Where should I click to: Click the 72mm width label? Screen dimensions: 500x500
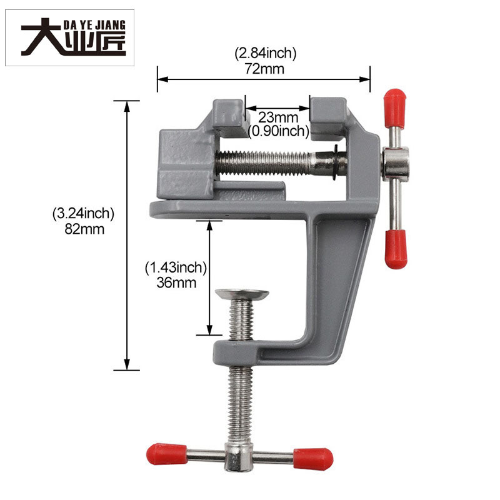pos(264,69)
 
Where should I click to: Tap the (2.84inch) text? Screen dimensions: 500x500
pos(265,53)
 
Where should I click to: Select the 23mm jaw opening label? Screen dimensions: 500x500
pos(278,117)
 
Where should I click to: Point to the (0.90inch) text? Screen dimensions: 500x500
pos(278,131)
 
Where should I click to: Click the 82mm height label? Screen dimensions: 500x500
pos(84,229)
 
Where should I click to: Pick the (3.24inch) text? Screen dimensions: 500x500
pos(83,214)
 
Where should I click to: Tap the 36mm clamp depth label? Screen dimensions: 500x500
pos(176,283)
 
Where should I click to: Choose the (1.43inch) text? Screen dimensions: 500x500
pos(176,267)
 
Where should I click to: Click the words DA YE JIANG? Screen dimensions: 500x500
pos(94,24)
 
